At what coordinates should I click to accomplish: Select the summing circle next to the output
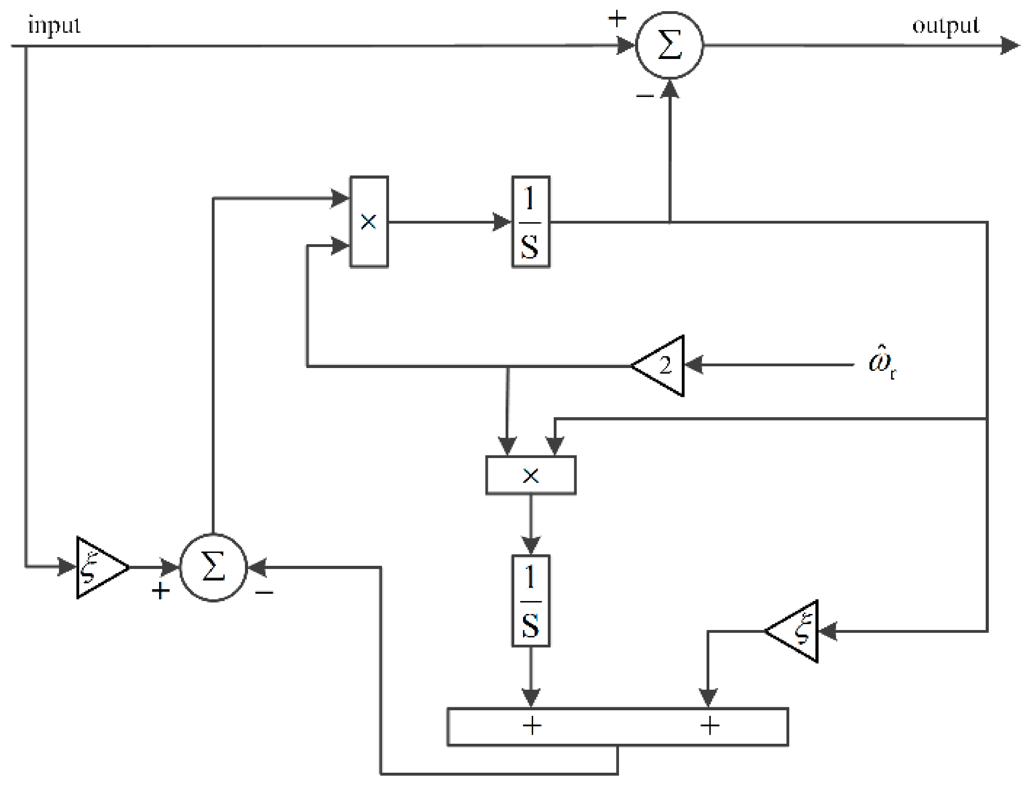(x=669, y=45)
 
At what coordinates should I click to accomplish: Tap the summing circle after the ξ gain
(x=213, y=567)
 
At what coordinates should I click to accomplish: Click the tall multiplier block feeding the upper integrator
(x=369, y=222)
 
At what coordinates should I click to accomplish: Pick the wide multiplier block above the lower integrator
(x=530, y=475)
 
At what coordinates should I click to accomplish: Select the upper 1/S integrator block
(x=530, y=222)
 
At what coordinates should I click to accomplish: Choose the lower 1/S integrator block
(x=530, y=601)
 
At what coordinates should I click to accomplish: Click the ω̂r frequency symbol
(x=881, y=365)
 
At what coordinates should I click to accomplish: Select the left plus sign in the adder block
(x=532, y=726)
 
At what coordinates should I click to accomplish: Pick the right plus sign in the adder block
(x=709, y=726)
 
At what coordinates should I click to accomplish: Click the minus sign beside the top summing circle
(x=644, y=96)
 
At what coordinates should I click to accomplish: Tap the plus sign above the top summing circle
(x=617, y=19)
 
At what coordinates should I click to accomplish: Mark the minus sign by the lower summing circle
(x=264, y=593)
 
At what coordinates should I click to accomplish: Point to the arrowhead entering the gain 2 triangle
(x=694, y=365)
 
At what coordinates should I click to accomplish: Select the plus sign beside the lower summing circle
(x=160, y=591)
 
